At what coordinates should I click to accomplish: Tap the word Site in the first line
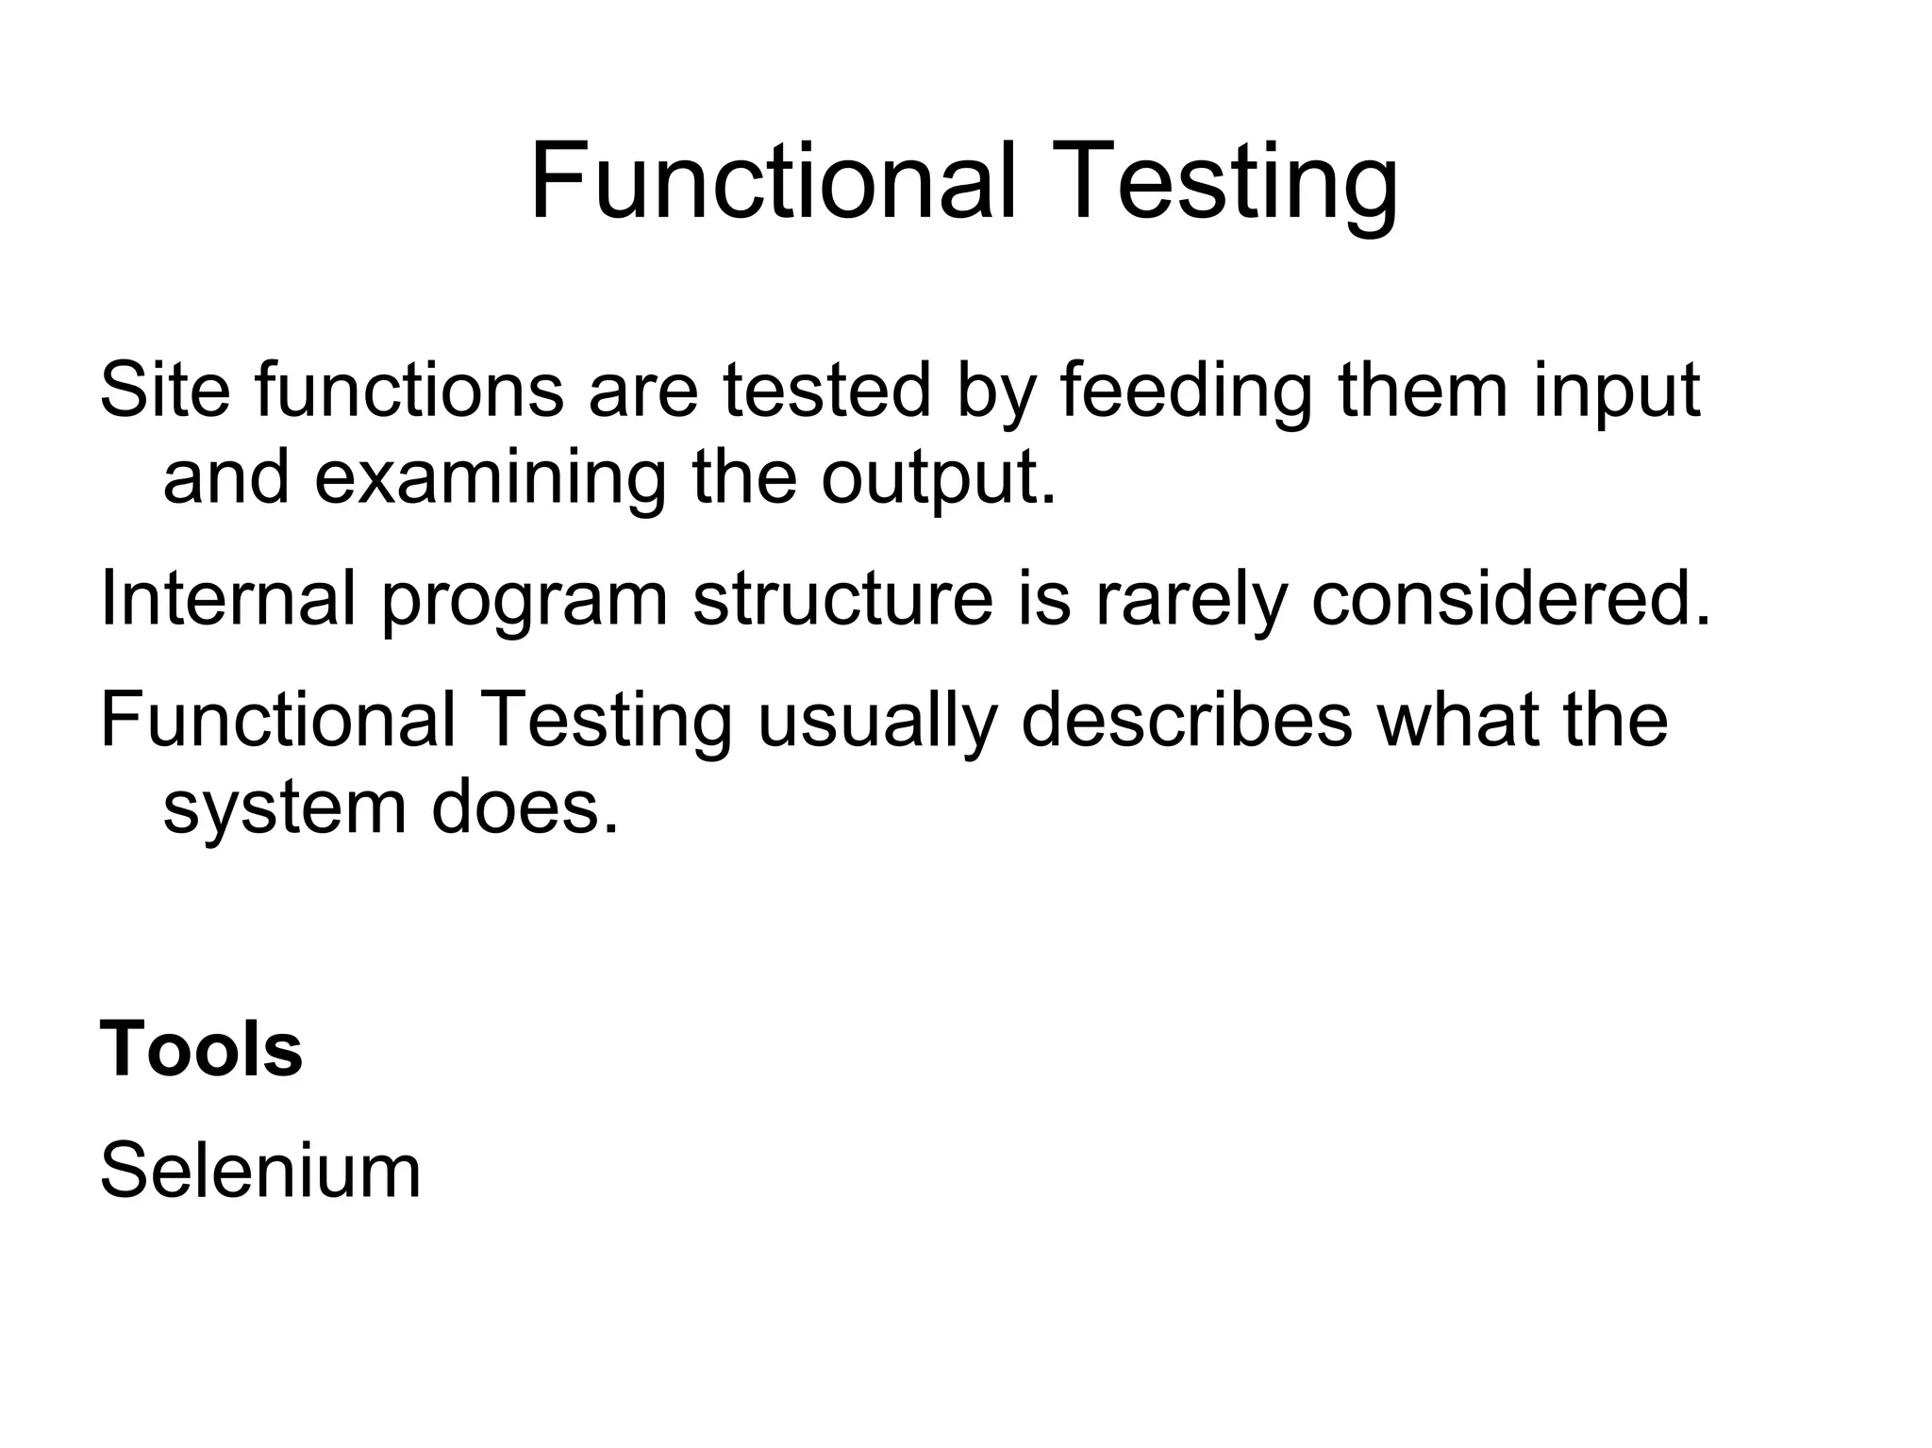[164, 390]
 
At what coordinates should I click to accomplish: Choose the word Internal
[227, 597]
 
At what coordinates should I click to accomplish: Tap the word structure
[842, 597]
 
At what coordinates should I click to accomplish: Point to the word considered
[1509, 597]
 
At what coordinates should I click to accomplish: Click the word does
[525, 807]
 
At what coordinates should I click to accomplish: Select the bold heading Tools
[201, 1049]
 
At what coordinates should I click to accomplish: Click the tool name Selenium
[260, 1171]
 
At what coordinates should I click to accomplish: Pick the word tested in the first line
[827, 390]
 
